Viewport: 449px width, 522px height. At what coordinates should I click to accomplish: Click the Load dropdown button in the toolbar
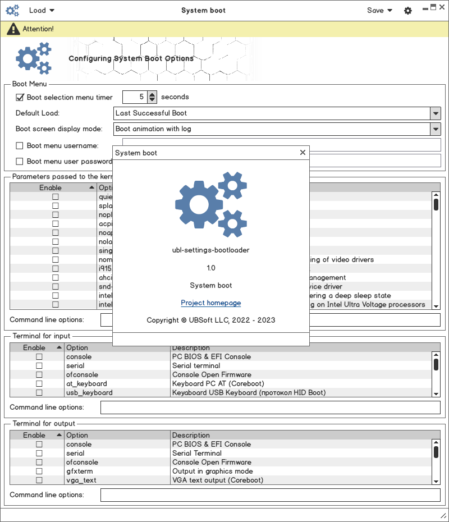point(42,10)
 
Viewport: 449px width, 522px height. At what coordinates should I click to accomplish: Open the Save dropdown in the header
point(379,10)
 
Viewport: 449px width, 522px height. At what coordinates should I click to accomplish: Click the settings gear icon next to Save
point(408,11)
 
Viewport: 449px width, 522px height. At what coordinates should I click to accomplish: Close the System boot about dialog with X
point(303,152)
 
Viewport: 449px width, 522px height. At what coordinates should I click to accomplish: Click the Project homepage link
point(210,303)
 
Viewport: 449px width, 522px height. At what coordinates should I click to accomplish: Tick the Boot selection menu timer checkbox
point(20,97)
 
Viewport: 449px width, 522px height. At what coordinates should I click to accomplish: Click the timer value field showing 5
point(135,97)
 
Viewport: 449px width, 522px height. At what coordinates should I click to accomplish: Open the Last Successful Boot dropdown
point(277,113)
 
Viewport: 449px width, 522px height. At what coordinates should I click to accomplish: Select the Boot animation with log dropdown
point(277,129)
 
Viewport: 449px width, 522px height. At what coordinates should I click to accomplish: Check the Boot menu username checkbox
point(20,146)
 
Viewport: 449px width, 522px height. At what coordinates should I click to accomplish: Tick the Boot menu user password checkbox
point(20,162)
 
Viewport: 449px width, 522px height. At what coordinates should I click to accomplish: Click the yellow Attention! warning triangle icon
point(13,29)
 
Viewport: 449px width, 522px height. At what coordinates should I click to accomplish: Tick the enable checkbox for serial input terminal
point(39,366)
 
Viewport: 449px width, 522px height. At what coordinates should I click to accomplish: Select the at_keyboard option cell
point(86,384)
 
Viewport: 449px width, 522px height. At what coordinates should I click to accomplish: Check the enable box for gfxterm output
point(39,471)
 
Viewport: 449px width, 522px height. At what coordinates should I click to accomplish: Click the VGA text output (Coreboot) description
point(218,480)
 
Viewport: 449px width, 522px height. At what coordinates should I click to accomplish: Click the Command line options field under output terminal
point(270,495)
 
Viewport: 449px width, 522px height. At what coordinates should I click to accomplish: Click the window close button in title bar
point(442,7)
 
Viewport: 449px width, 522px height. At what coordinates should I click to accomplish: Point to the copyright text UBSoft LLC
point(210,320)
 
